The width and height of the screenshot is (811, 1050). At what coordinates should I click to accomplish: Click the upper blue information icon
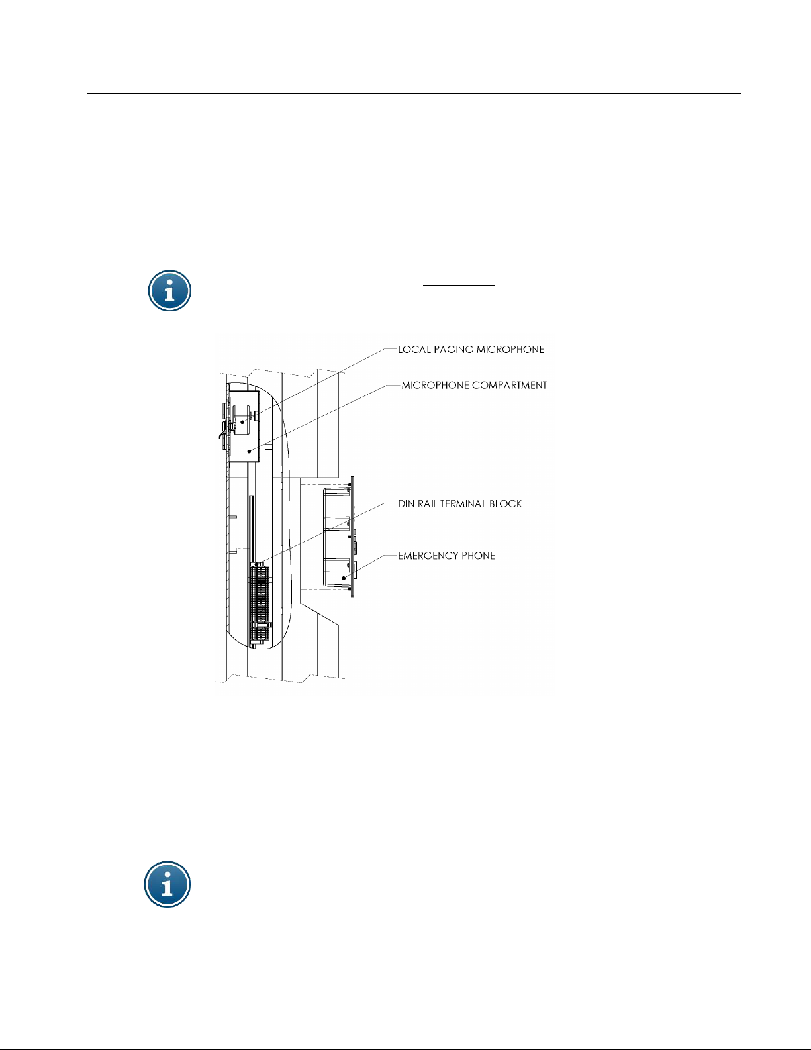tap(169, 290)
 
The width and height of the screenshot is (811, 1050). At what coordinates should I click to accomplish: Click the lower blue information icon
tap(167, 884)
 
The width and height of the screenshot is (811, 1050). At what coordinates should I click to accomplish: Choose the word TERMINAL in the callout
tap(463, 503)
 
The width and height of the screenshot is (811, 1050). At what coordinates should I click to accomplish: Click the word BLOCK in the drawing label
tap(505, 503)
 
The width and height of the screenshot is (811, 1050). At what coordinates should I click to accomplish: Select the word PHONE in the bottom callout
tap(479, 556)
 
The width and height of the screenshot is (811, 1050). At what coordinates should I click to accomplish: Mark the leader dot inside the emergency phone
tap(344, 578)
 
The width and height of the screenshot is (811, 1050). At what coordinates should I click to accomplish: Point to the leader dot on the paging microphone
tap(242, 422)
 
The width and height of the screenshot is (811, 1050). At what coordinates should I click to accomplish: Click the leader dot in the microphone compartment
tap(249, 451)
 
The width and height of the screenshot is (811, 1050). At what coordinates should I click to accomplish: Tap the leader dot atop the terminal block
tap(257, 564)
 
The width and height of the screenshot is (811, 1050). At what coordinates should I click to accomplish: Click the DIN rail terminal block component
tap(260, 604)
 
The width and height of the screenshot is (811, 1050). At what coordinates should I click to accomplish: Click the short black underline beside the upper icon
tap(459, 286)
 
